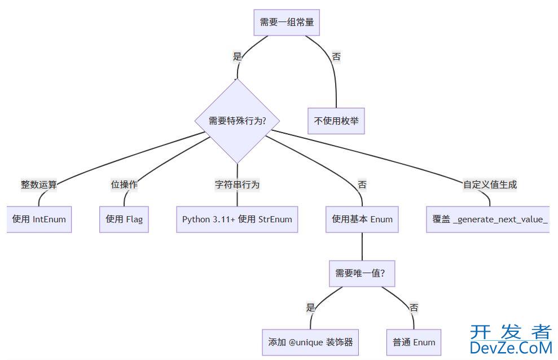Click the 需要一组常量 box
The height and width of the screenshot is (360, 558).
[x=287, y=23]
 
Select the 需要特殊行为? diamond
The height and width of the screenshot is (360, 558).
[x=237, y=121]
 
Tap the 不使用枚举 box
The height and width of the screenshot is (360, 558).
[x=336, y=121]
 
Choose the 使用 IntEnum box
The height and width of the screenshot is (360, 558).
[x=39, y=219]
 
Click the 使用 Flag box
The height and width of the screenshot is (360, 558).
[x=124, y=219]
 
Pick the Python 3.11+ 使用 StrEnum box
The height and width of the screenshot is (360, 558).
[x=237, y=219]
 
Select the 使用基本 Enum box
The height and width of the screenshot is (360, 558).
[x=362, y=219]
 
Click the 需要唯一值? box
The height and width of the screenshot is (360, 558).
[x=362, y=273]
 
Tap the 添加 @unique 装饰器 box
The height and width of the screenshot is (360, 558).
[x=310, y=342]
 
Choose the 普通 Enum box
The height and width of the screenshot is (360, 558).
[x=414, y=342]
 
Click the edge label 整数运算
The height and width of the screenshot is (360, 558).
[x=39, y=185]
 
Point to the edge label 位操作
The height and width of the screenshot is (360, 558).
[x=124, y=185]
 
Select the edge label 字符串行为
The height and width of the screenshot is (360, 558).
[x=237, y=185]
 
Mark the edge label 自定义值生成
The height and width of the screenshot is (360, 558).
[x=490, y=185]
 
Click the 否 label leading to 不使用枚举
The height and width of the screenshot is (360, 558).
[x=336, y=56]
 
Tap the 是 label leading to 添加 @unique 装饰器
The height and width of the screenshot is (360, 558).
[x=310, y=308]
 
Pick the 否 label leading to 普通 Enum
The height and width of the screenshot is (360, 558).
[x=414, y=308]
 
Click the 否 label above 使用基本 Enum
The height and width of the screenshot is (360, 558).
[x=362, y=185]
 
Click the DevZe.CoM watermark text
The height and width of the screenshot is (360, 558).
[x=510, y=346]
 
